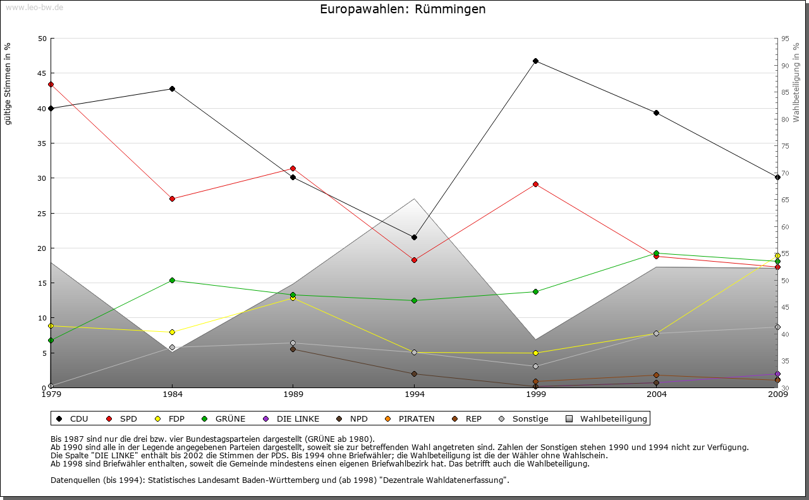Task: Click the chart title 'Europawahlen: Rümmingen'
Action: click(x=403, y=9)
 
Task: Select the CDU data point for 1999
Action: click(x=535, y=61)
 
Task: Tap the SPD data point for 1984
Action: click(x=172, y=198)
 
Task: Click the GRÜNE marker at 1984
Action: click(x=172, y=280)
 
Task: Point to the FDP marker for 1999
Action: click(x=535, y=353)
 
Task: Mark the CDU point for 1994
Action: click(x=414, y=237)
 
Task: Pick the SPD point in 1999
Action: click(x=535, y=184)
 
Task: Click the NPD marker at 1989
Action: click(x=293, y=349)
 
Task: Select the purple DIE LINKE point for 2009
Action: click(x=777, y=374)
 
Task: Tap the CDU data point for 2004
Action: click(x=657, y=113)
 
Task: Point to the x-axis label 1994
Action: click(x=415, y=395)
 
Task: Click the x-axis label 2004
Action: click(x=657, y=395)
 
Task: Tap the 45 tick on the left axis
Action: click(x=42, y=73)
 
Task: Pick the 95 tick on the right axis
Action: click(x=785, y=39)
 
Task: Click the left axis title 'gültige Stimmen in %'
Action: click(x=8, y=83)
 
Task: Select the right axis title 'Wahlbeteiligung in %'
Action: click(x=796, y=83)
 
